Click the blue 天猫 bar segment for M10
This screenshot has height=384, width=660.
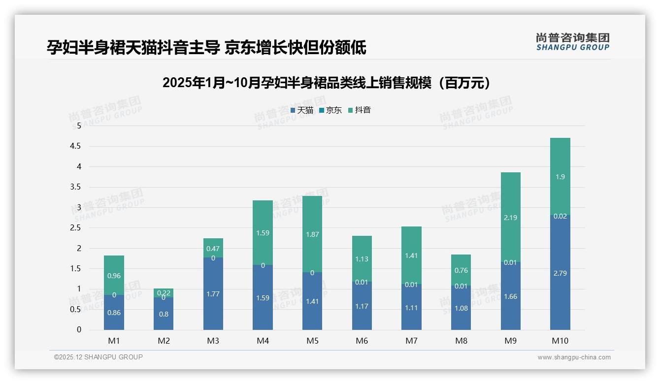560,290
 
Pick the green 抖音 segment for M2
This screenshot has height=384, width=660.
164,293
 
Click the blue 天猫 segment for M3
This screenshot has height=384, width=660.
213,300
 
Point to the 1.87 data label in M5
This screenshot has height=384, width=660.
312,235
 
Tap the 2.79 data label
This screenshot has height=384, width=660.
560,273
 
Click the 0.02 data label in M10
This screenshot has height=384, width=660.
560,216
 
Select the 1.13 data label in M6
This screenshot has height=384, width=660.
362,259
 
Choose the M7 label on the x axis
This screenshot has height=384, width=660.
411,341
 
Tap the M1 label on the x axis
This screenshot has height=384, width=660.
114,341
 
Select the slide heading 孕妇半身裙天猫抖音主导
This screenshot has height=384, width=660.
206,48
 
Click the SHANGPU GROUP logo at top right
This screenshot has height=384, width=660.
572,42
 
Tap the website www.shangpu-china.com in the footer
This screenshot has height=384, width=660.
574,357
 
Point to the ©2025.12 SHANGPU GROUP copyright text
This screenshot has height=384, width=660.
99,357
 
